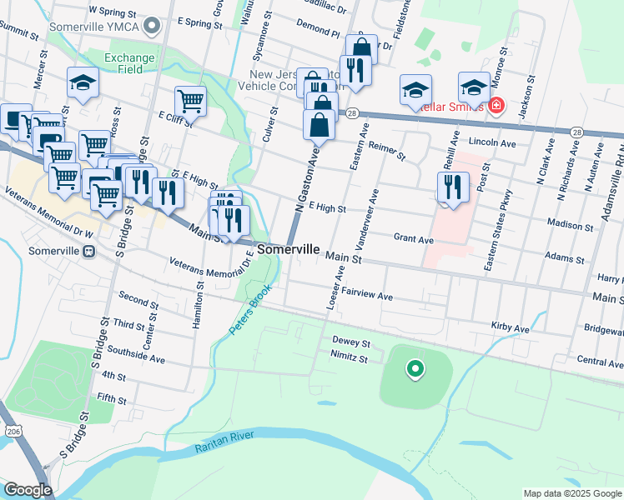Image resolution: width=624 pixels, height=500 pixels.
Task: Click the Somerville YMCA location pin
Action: click(x=151, y=27)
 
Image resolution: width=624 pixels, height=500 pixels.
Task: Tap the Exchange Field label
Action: click(x=129, y=63)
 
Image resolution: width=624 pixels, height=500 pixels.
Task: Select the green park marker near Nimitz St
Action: click(x=414, y=368)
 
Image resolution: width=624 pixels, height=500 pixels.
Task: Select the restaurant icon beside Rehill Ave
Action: click(x=453, y=187)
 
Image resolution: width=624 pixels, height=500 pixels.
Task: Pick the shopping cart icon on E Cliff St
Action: click(x=190, y=101)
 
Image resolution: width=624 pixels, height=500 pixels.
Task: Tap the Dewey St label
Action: click(x=350, y=342)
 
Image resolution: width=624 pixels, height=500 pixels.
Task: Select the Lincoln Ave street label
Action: click(x=492, y=142)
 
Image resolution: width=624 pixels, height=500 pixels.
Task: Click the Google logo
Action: click(x=28, y=490)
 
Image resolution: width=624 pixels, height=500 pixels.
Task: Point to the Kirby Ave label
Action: click(x=511, y=328)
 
